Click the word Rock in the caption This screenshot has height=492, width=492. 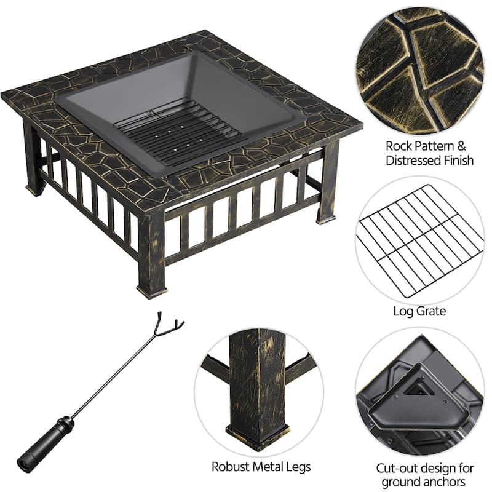pyautogui.click(x=398, y=146)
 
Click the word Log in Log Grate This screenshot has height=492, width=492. pyautogui.click(x=403, y=312)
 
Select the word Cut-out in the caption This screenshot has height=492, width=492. pyautogui.click(x=395, y=468)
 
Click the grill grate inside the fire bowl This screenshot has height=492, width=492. pyautogui.click(x=178, y=135)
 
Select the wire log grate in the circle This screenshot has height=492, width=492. pyautogui.click(x=419, y=241)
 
